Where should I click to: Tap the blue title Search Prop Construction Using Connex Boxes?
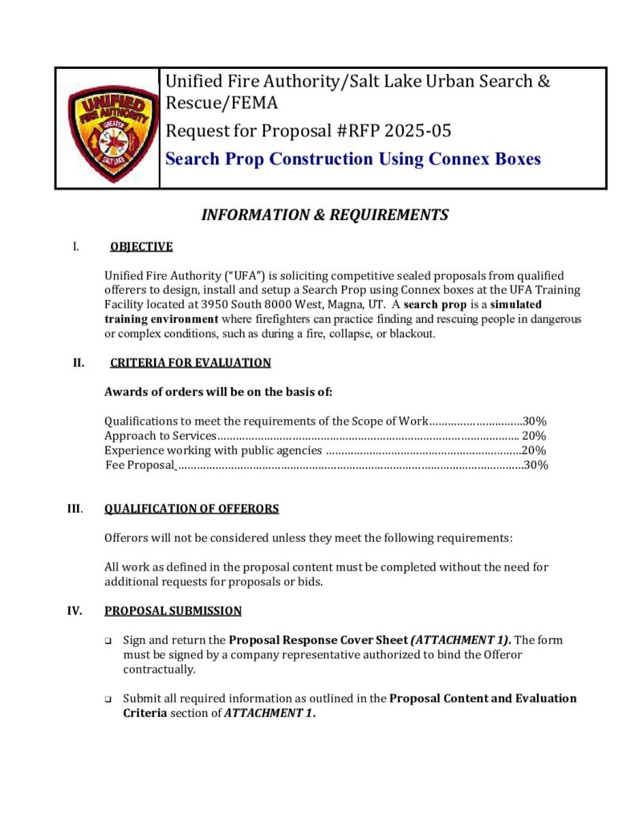click(x=352, y=159)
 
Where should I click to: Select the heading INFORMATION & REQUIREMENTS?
click(x=324, y=215)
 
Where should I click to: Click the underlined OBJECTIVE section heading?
click(x=141, y=246)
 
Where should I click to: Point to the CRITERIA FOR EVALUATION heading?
click(x=190, y=363)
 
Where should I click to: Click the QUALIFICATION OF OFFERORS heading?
click(x=192, y=508)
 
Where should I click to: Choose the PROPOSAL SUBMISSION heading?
click(x=173, y=611)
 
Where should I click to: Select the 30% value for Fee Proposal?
click(x=535, y=466)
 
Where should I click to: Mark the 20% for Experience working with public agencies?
click(x=534, y=450)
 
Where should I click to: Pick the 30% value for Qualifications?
click(x=535, y=421)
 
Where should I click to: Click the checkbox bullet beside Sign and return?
click(x=108, y=641)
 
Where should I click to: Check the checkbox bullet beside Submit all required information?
click(x=108, y=699)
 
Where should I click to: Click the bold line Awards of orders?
click(x=218, y=392)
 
